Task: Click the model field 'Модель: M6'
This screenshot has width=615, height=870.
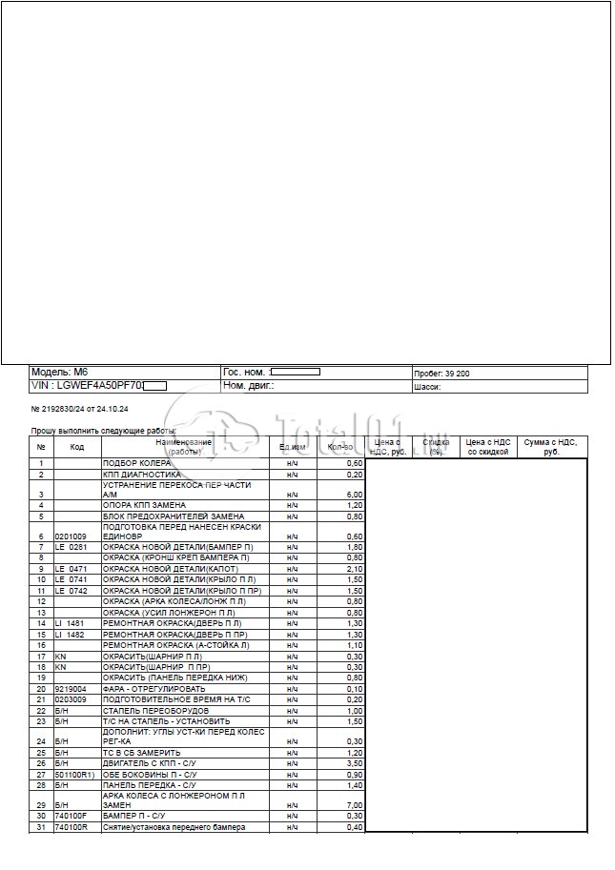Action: click(x=59, y=373)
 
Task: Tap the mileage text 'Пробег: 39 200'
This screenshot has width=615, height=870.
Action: click(x=441, y=374)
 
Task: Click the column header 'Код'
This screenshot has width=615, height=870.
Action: click(x=77, y=447)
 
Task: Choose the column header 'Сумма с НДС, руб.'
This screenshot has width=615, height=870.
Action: click(x=551, y=447)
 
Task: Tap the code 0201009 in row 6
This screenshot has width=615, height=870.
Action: click(x=72, y=536)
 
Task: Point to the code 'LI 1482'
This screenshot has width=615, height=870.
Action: click(x=71, y=634)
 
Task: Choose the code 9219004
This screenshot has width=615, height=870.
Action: click(x=72, y=688)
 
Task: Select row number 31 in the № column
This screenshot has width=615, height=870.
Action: click(x=41, y=827)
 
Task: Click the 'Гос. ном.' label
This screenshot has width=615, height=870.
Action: click(x=244, y=373)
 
